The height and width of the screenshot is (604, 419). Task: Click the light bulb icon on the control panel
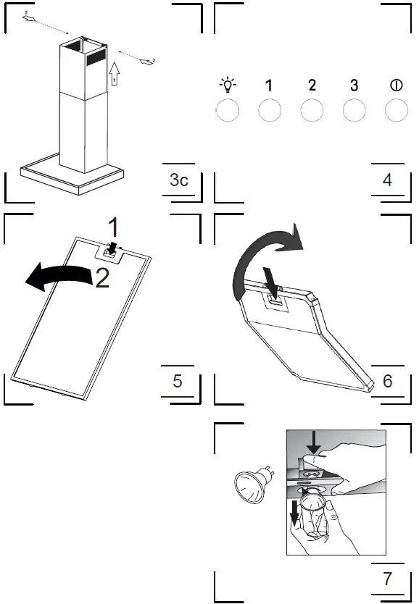coord(228,85)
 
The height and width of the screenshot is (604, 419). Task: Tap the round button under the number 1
coord(270,111)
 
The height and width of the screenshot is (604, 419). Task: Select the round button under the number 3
coord(354,111)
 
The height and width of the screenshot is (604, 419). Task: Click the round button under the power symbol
coord(396,111)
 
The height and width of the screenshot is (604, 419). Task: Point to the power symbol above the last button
coord(396,85)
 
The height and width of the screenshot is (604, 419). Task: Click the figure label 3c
coord(178,180)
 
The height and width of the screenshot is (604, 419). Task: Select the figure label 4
coord(387,180)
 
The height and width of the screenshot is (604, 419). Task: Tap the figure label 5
coord(178,381)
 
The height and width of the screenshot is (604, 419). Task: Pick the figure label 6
coord(387,381)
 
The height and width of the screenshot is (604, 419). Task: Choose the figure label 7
coord(387,579)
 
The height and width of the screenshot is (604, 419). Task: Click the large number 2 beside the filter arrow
coord(102,278)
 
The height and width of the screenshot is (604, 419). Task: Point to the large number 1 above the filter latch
coord(113,227)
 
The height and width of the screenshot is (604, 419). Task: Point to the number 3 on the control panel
coord(354,85)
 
